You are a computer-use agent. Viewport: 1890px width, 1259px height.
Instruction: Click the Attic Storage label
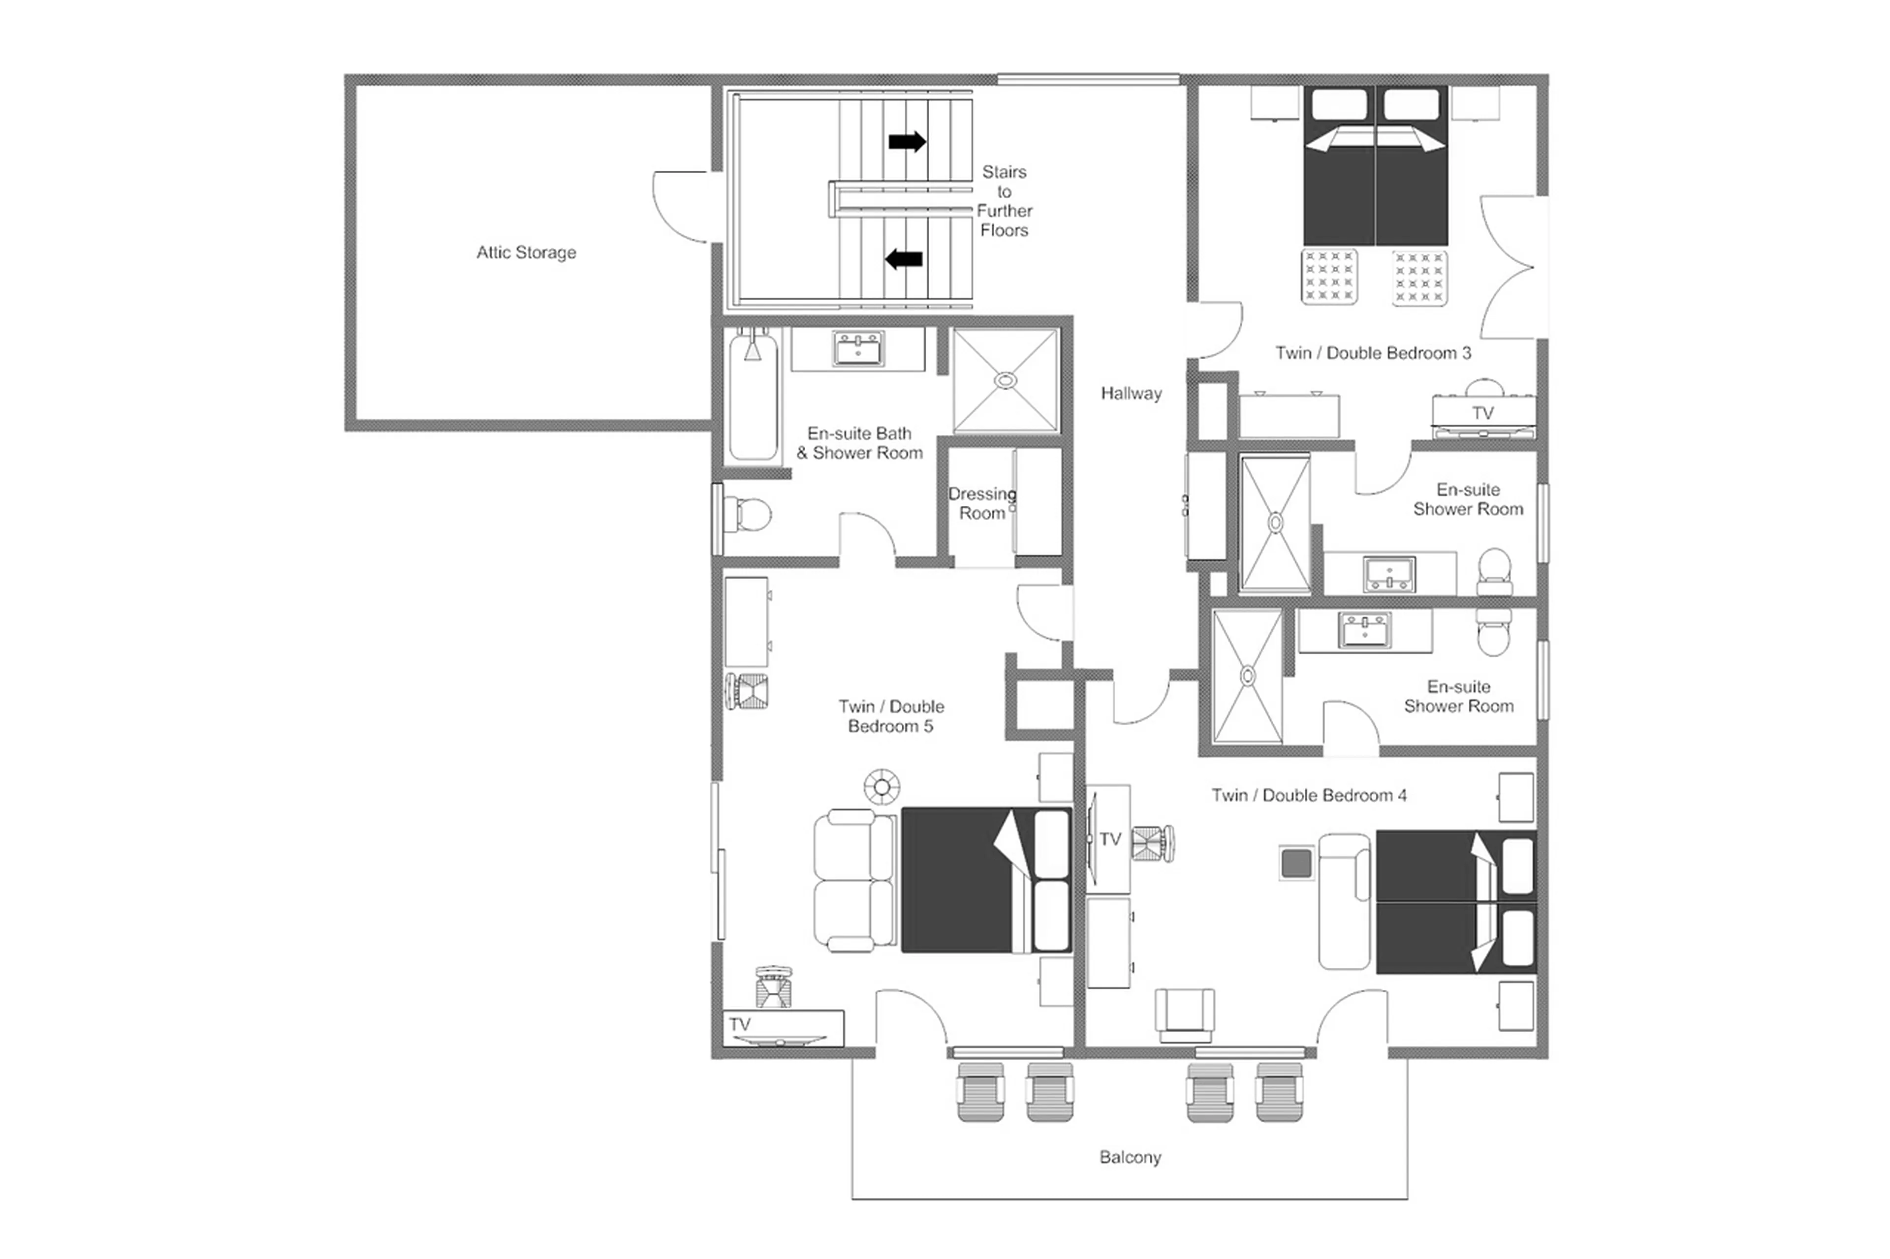coord(526,252)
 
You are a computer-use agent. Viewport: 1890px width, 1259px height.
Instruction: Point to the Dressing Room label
coord(981,503)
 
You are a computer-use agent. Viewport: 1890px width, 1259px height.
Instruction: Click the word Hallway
coord(1131,394)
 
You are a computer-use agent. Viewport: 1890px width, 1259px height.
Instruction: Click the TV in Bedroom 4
coord(1108,839)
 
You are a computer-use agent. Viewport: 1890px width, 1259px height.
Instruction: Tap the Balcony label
coord(1130,1157)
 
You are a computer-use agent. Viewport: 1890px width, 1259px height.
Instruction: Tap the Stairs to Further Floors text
coord(1004,201)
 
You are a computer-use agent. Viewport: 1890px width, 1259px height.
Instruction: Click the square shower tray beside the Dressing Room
coord(1006,381)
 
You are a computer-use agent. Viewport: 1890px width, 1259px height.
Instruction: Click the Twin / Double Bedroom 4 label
coord(1308,795)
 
